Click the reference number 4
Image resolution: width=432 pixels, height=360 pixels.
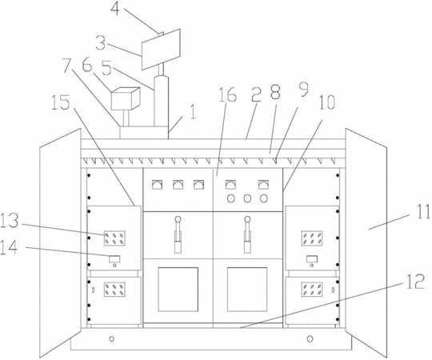pos(116,8)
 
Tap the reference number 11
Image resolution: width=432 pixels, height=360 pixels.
pos(422,212)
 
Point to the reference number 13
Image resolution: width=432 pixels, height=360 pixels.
pos(9,221)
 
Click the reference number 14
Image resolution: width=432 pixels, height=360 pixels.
pos(9,247)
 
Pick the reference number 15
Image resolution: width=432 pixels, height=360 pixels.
pos(60,102)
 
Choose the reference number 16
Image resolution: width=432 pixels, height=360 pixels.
pos(227,94)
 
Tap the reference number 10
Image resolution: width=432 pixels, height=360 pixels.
pos(326,102)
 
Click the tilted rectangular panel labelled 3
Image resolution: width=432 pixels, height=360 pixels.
pos(161,50)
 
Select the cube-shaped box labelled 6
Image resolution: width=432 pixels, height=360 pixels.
pos(126,98)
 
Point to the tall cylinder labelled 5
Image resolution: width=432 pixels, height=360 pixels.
pos(161,102)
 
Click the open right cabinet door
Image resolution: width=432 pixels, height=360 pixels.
pos(366,243)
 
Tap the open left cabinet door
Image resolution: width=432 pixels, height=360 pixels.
pos(60,243)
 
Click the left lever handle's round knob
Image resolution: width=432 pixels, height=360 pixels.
pos(178,219)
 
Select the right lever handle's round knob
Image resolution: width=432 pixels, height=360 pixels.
pos(248,219)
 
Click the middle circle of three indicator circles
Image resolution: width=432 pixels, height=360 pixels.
pos(247,198)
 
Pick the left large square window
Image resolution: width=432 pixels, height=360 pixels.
pos(178,290)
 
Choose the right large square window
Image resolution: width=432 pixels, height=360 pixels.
pos(247,290)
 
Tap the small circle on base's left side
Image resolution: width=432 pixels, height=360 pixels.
pos(111,338)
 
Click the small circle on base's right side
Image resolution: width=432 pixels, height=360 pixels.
pos(310,338)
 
